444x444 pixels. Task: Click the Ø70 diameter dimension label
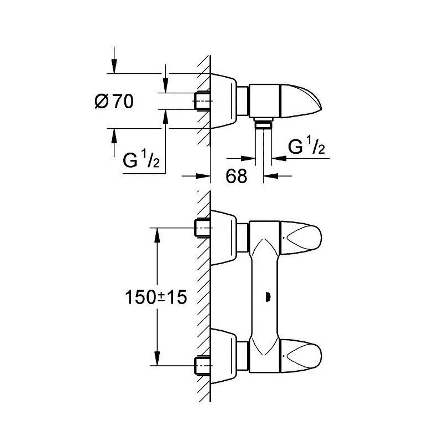point(114,101)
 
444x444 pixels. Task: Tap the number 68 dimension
point(236,175)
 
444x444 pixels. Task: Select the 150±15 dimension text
point(156,297)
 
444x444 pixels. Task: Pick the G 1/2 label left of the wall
point(141,159)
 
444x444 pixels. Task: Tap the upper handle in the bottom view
point(301,237)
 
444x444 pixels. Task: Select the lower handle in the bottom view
point(301,355)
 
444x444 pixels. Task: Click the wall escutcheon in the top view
point(224,101)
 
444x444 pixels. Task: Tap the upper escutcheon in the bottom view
point(224,238)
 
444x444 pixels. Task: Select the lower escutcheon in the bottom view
point(224,356)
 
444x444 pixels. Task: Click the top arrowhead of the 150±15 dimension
point(157,235)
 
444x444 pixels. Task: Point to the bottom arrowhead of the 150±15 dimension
point(157,358)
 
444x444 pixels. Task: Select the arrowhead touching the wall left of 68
point(203,176)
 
